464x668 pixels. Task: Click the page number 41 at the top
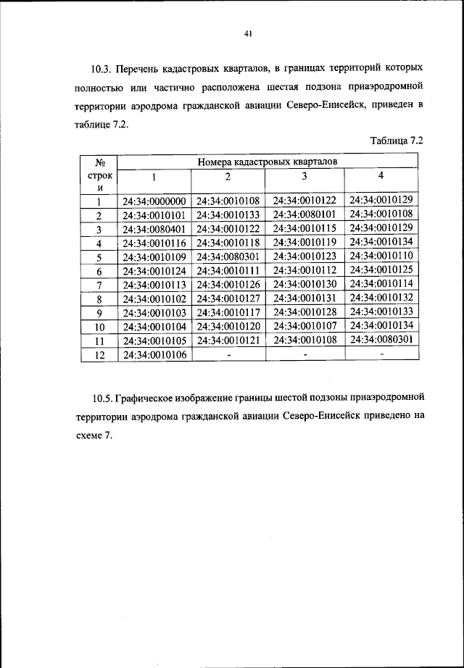(247, 33)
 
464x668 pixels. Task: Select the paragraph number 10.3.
(101, 70)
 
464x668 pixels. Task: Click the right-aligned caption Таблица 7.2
(396, 141)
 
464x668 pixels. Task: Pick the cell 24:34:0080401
(154, 229)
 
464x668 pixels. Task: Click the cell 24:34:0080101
(304, 214)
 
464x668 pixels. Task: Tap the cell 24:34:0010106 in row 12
(154, 354)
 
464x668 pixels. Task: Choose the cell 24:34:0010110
(381, 256)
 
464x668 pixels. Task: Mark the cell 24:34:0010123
(304, 256)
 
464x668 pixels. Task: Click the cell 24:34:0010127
(228, 298)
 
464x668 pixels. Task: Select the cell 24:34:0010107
(304, 326)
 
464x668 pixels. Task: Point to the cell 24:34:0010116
(154, 243)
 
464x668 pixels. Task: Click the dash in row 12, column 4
(381, 354)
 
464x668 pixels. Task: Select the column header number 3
(304, 178)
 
